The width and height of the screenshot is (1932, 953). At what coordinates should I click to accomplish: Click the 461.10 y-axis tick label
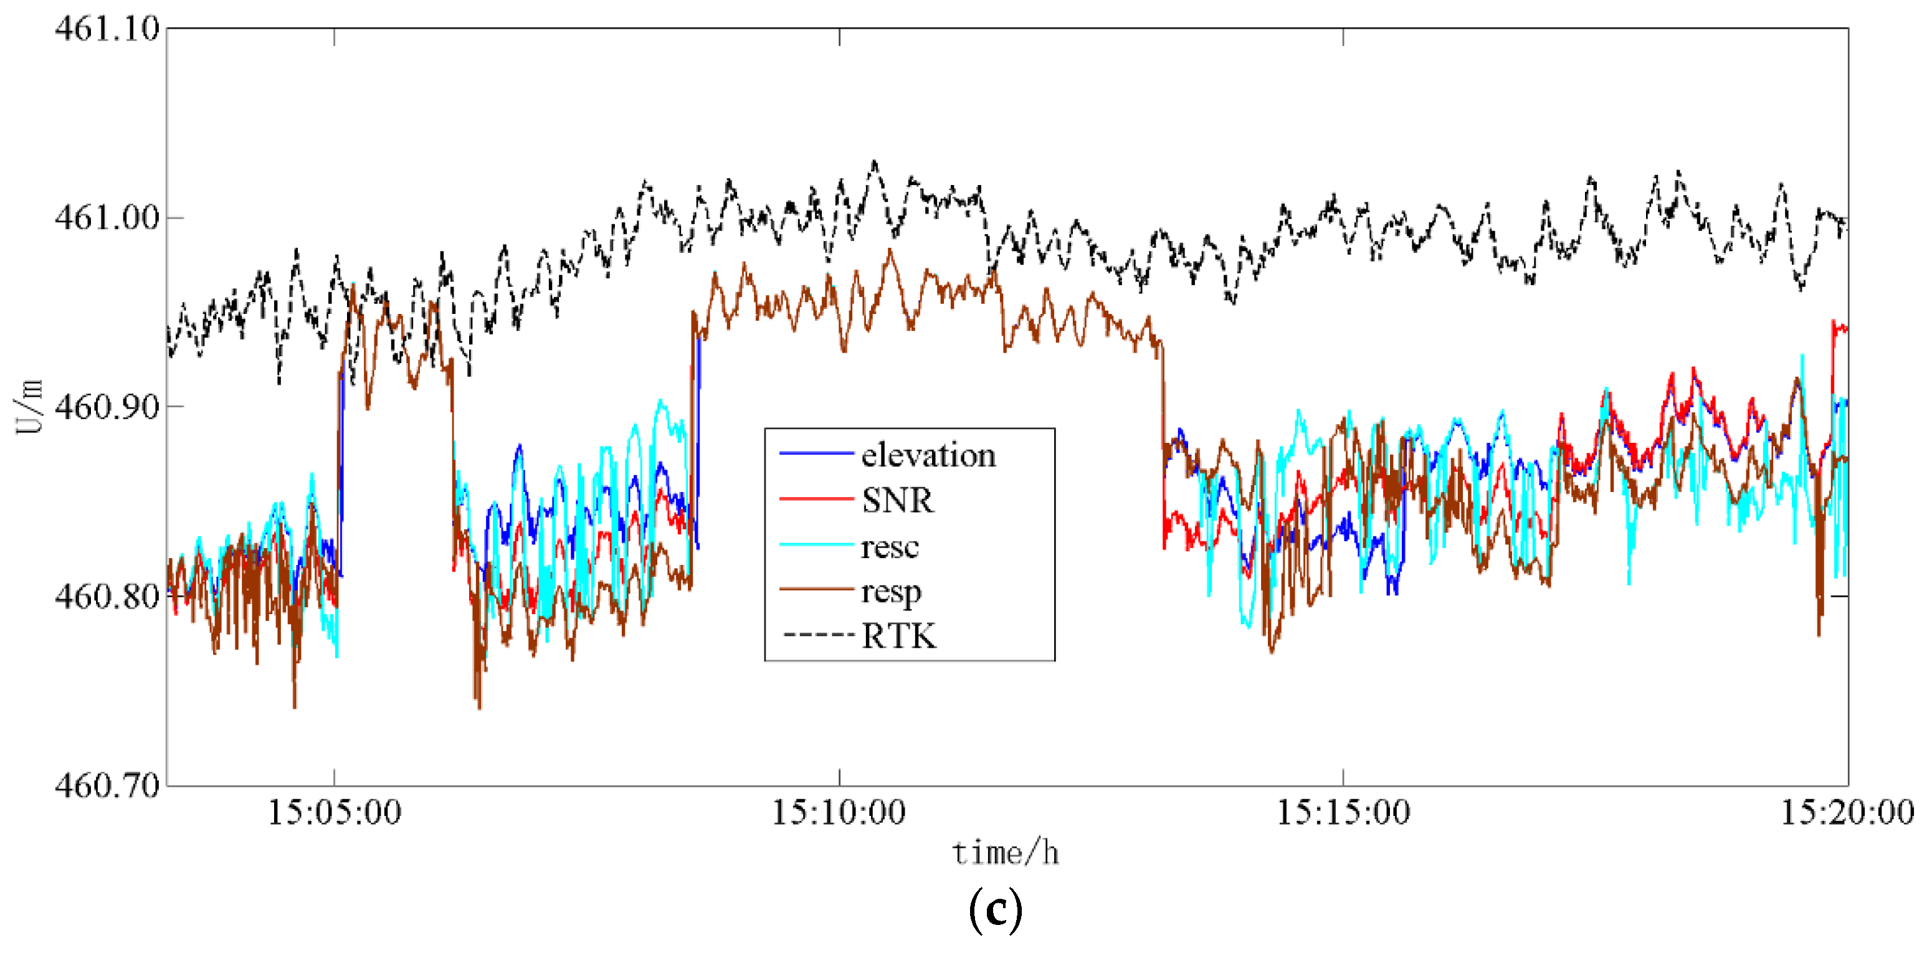tap(107, 29)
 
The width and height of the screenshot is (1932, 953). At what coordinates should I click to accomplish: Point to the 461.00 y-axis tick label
tap(107, 217)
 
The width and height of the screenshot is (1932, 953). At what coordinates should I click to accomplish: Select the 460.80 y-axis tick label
tap(107, 596)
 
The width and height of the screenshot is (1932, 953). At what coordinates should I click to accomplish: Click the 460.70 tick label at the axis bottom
tap(107, 785)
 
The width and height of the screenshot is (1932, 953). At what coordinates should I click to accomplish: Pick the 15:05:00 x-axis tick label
tap(335, 813)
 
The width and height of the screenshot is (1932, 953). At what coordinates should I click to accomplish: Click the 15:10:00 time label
tap(839, 813)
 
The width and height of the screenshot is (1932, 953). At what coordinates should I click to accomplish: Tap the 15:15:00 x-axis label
tap(1343, 813)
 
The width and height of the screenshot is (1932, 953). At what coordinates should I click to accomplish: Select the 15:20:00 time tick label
tap(1847, 813)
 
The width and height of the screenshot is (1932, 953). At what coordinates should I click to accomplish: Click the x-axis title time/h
tap(1005, 853)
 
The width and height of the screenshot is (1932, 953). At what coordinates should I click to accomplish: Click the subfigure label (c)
tap(995, 909)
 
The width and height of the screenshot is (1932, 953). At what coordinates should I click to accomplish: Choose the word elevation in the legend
tap(928, 455)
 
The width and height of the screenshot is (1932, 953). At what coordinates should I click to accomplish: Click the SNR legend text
tap(897, 500)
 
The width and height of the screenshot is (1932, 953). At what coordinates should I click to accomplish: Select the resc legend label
tap(890, 547)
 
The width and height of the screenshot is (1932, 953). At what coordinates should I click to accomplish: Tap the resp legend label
tap(891, 592)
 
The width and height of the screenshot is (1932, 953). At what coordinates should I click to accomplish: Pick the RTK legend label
tap(898, 636)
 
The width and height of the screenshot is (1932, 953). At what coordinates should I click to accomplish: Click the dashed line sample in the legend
tap(817, 636)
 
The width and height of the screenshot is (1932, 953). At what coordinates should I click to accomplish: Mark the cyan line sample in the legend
tap(817, 544)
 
